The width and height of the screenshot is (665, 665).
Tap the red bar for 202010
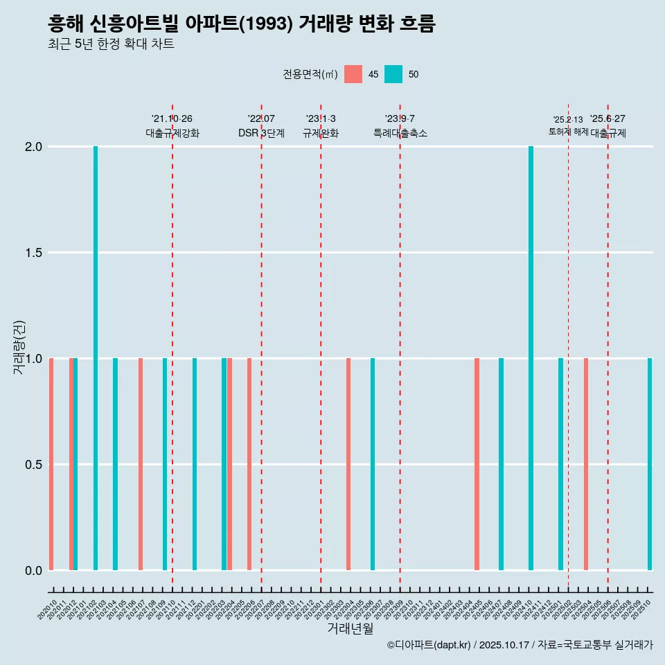pos(51,464)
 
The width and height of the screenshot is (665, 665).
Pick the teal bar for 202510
pos(650,464)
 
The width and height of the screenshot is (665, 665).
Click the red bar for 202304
pos(348,464)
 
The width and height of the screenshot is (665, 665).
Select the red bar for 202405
pos(477,464)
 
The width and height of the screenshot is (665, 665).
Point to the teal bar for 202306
pos(373,464)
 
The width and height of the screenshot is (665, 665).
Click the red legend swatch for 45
pos(353,74)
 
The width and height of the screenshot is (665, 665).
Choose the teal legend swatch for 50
pos(393,74)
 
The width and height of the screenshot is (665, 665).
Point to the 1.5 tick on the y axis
pos(35,253)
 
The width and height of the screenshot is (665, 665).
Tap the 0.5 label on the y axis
pos(35,464)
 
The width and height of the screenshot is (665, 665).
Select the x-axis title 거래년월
pos(350,628)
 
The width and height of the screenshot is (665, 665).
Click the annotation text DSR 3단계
pos(261,133)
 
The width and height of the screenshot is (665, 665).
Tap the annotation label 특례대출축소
pos(400,133)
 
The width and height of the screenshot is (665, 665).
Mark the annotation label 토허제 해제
pos(568,132)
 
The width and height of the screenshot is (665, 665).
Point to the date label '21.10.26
pos(172,118)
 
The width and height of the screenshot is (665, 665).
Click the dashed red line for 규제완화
pos(321,346)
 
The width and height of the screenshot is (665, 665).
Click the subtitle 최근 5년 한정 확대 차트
pos(111,44)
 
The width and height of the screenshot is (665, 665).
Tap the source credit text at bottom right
pos(520,645)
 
